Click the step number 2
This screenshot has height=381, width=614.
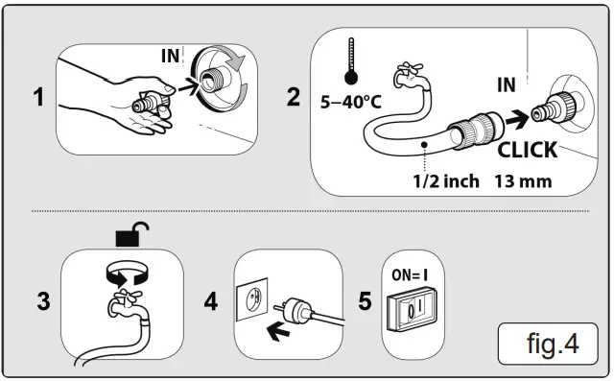click(x=293, y=98)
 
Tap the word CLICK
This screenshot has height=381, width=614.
click(x=527, y=151)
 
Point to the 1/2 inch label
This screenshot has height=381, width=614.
click(x=442, y=182)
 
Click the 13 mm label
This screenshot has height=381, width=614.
click(x=525, y=182)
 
